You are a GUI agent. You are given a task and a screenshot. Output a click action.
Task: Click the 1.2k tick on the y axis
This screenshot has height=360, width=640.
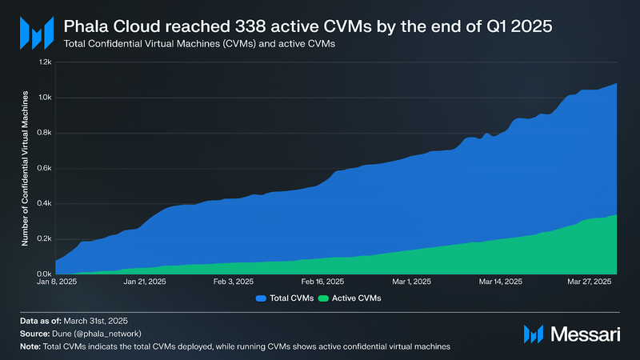45,62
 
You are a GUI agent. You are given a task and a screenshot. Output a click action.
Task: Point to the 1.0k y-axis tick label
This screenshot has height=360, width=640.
45,98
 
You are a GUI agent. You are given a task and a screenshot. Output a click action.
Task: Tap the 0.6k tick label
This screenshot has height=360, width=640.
45,168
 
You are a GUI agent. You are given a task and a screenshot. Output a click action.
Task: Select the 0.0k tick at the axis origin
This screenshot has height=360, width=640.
45,274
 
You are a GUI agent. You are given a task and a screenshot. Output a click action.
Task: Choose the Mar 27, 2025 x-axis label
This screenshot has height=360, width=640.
589,282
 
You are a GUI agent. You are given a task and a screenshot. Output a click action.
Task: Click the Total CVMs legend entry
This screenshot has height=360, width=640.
286,298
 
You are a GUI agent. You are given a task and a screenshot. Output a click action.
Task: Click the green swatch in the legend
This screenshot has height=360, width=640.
324,298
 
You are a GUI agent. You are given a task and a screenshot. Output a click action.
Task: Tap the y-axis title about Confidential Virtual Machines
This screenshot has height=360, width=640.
26,168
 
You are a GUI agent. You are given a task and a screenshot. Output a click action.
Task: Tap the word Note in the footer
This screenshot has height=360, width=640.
30,346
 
